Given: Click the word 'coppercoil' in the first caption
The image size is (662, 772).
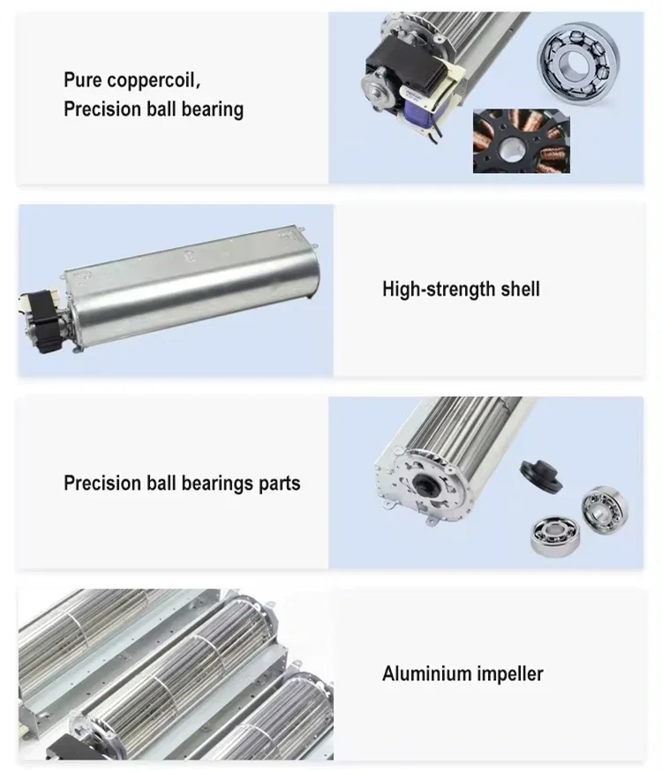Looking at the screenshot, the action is [154, 80].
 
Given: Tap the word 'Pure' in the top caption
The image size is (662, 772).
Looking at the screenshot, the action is [83, 79].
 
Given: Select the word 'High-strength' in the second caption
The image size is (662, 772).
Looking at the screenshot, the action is [439, 289].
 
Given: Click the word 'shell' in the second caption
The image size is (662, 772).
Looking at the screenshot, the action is [520, 289].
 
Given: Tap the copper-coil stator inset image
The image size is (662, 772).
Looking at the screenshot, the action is [521, 141].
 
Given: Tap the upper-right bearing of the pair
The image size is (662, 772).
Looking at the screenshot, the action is [605, 508].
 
